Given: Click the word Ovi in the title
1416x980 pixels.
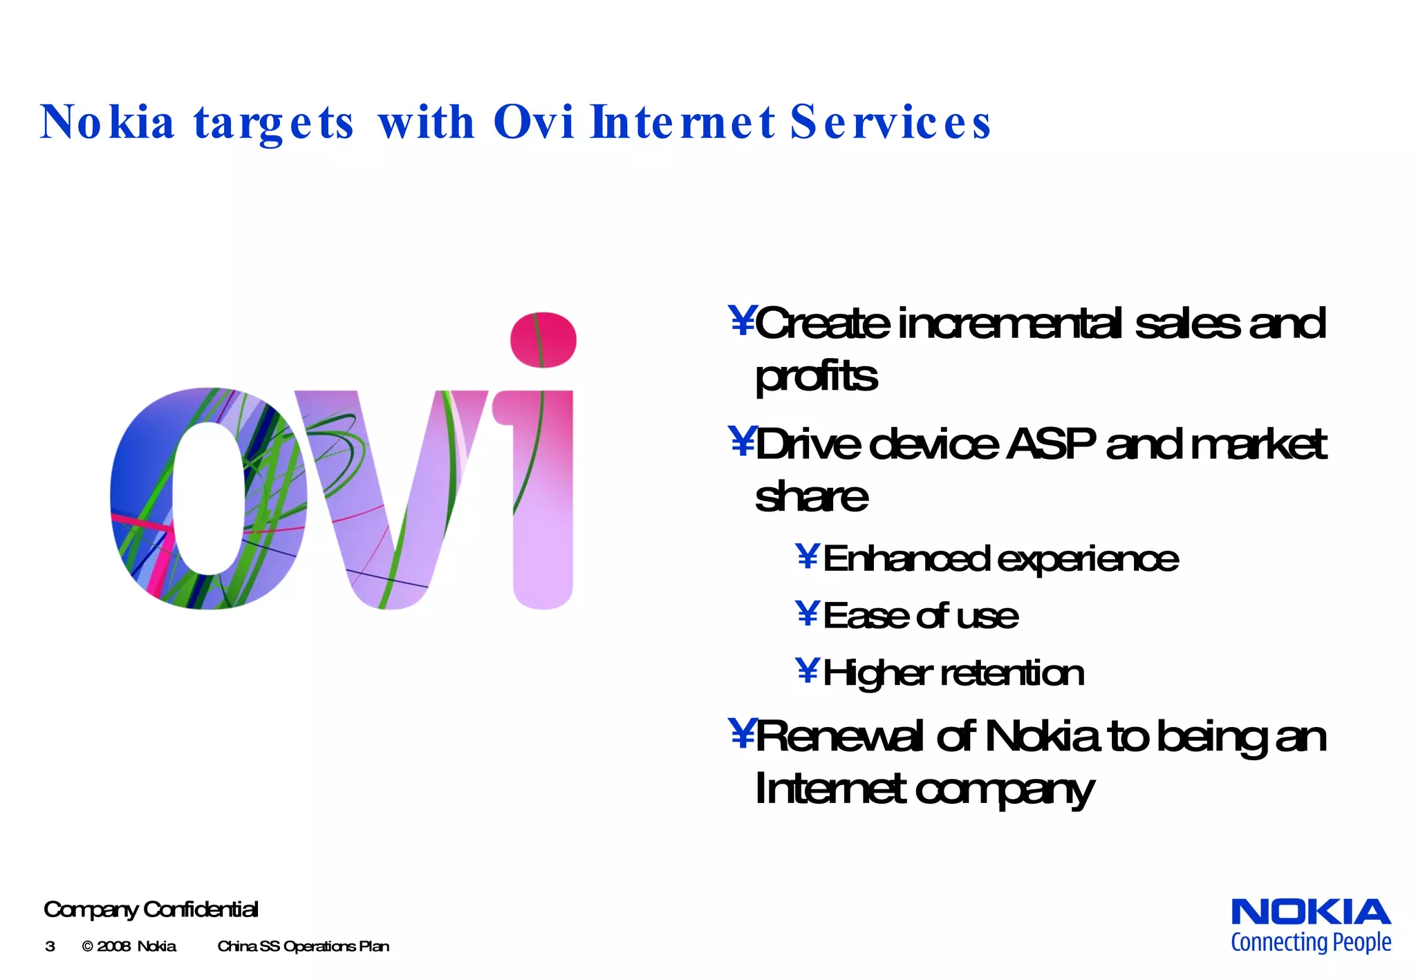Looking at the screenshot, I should pyautogui.click(x=533, y=122).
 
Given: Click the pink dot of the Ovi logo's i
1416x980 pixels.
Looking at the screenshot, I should pyautogui.click(x=543, y=339).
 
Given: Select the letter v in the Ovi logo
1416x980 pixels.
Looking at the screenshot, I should pyautogui.click(x=391, y=498).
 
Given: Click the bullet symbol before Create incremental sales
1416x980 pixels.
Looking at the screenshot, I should pyautogui.click(x=742, y=321).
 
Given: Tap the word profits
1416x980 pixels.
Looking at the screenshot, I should pyautogui.click(x=816, y=377).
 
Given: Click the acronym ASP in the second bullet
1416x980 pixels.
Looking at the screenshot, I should pyautogui.click(x=1050, y=444).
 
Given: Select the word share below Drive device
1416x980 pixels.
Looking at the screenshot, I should pyautogui.click(x=811, y=497).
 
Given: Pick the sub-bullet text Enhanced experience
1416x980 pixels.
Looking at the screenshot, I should pyautogui.click(x=1000, y=558).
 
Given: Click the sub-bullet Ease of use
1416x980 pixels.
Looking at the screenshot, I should pyautogui.click(x=920, y=616).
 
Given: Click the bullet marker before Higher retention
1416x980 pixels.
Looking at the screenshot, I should pyautogui.click(x=807, y=670).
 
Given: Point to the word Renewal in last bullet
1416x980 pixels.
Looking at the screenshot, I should pyautogui.click(x=839, y=737).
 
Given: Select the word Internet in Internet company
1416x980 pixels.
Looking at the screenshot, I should pyautogui.click(x=829, y=789).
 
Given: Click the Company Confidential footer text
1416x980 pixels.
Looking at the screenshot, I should pyautogui.click(x=151, y=910).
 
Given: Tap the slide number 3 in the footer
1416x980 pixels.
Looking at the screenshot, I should pyautogui.click(x=50, y=947).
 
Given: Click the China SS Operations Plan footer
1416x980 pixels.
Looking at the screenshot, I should pyautogui.click(x=303, y=947).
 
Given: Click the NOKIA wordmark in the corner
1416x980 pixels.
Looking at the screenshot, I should pyautogui.click(x=1310, y=912).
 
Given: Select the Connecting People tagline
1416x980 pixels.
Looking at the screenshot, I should pyautogui.click(x=1310, y=943).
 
